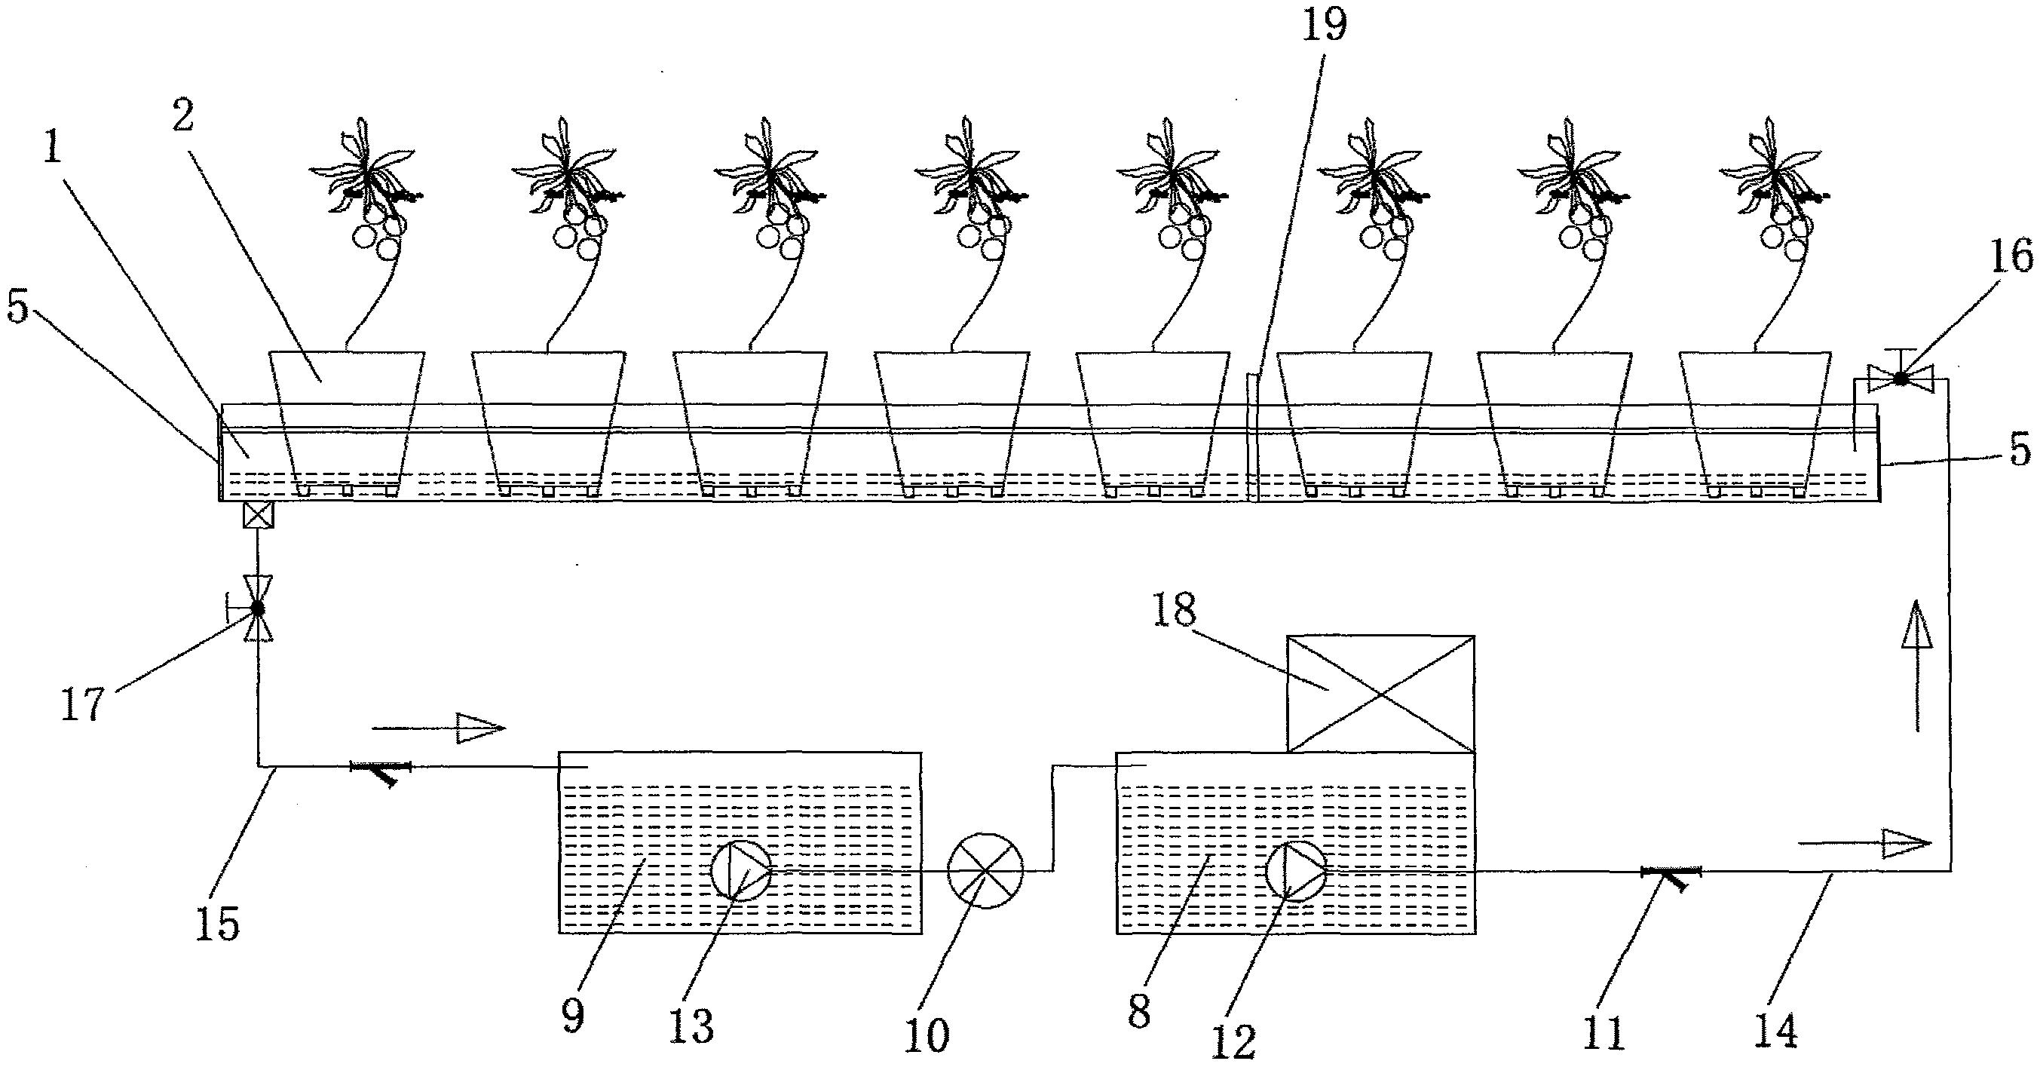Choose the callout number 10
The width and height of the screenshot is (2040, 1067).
pos(927,1034)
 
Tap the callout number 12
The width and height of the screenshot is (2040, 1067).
pos(1234,1041)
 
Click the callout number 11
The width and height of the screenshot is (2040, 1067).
pos(1604,1032)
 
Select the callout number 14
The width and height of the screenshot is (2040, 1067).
pos(1776,1030)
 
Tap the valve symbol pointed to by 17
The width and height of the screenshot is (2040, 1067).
pos(258,609)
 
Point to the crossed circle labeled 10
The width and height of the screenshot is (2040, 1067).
pos(985,870)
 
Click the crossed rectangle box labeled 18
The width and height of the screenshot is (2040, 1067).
pos(1380,694)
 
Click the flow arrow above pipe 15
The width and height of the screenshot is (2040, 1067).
pos(439,727)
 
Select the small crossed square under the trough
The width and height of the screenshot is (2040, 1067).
pos(258,517)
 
